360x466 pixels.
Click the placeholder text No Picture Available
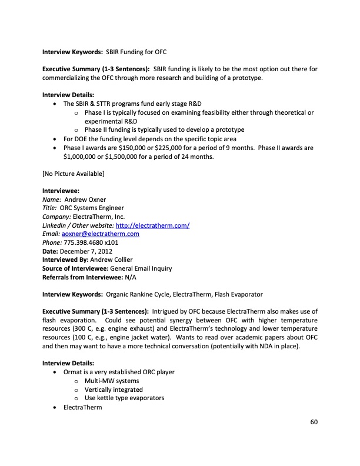point(73,174)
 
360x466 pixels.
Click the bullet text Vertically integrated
point(114,390)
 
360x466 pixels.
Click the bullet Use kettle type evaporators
point(124,398)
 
